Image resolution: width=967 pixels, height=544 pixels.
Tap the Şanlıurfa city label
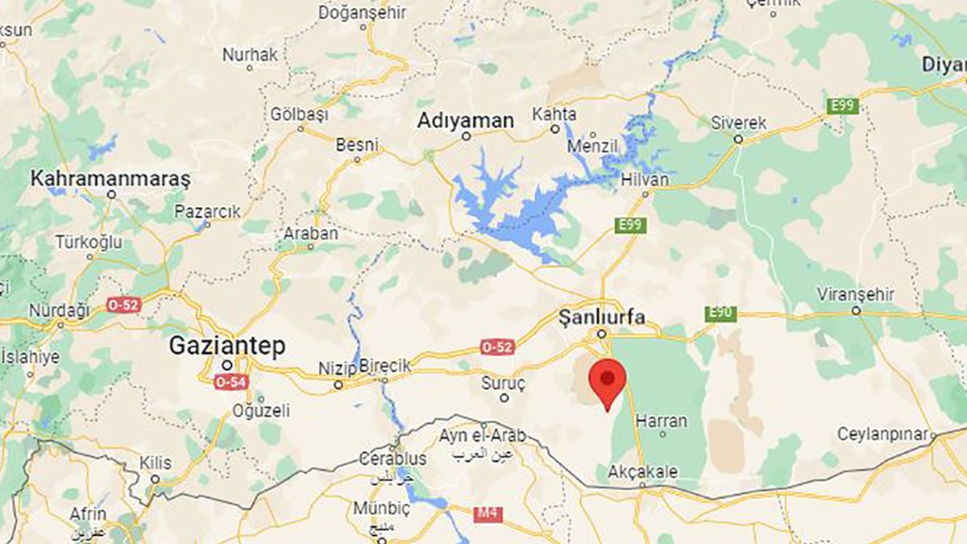(602, 318)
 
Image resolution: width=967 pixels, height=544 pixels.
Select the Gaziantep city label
(226, 347)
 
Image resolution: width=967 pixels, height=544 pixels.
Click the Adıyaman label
(466, 120)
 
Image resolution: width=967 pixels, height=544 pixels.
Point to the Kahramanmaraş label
(110, 179)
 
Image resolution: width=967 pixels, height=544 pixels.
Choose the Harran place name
(662, 421)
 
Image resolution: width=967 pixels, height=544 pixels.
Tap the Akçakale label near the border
(643, 472)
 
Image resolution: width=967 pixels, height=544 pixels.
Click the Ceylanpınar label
(883, 434)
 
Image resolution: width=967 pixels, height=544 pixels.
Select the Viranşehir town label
(855, 294)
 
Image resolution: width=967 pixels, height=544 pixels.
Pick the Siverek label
(738, 123)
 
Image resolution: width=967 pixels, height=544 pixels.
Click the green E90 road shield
(720, 314)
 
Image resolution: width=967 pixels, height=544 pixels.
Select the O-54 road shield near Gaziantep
(230, 382)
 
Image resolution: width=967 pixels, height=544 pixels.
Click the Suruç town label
(503, 382)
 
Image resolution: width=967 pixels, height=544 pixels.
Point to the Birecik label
(384, 366)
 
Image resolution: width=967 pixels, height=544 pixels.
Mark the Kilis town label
(155, 463)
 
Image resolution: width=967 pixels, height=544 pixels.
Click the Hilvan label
(645, 180)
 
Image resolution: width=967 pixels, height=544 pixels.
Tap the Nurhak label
(250, 55)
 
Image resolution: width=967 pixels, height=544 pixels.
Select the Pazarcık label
(207, 212)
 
